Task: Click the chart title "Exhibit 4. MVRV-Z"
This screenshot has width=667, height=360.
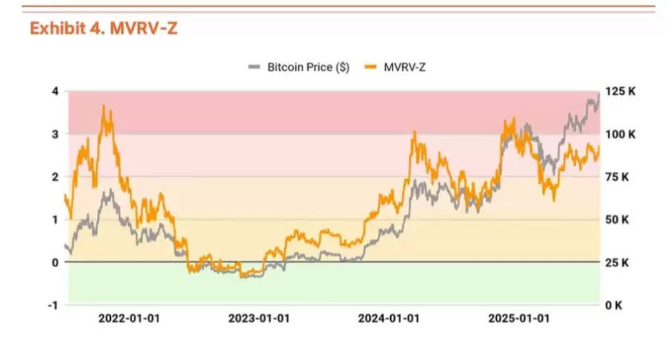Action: tap(104, 28)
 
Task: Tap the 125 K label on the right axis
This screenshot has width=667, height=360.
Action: tap(621, 92)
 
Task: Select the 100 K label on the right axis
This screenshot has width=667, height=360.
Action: tap(621, 135)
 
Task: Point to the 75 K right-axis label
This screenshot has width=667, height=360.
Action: tap(618, 177)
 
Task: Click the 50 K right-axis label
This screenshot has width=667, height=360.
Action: tap(618, 220)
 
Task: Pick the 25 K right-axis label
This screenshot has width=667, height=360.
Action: tap(618, 263)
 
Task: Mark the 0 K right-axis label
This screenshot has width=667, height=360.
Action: tap(615, 305)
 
